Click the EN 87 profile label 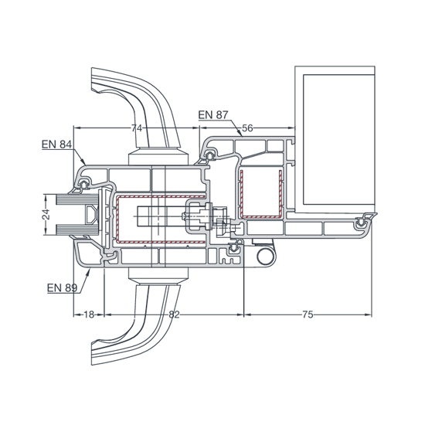tap(213, 115)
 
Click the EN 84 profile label tap(57, 144)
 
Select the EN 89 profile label tap(63, 287)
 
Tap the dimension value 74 tap(137, 128)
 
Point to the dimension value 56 tap(247, 128)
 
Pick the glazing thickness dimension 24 tap(46, 214)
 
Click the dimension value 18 tap(89, 314)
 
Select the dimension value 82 tap(174, 314)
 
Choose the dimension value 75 tap(308, 314)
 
